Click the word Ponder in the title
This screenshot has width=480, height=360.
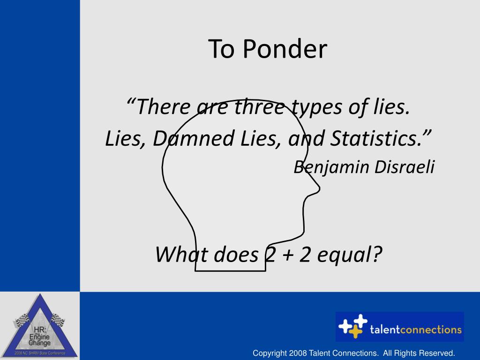pos(285,49)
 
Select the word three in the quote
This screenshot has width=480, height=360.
pos(260,107)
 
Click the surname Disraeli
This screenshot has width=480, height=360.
pos(405,167)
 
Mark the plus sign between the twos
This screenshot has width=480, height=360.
pos(288,255)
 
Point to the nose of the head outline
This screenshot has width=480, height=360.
pos(318,188)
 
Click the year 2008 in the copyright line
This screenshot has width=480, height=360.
pos(298,353)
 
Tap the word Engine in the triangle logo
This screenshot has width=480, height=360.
pos(39,337)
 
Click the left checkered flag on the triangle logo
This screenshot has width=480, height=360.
pos(22,320)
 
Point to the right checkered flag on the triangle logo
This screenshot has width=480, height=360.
pos(58,319)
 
